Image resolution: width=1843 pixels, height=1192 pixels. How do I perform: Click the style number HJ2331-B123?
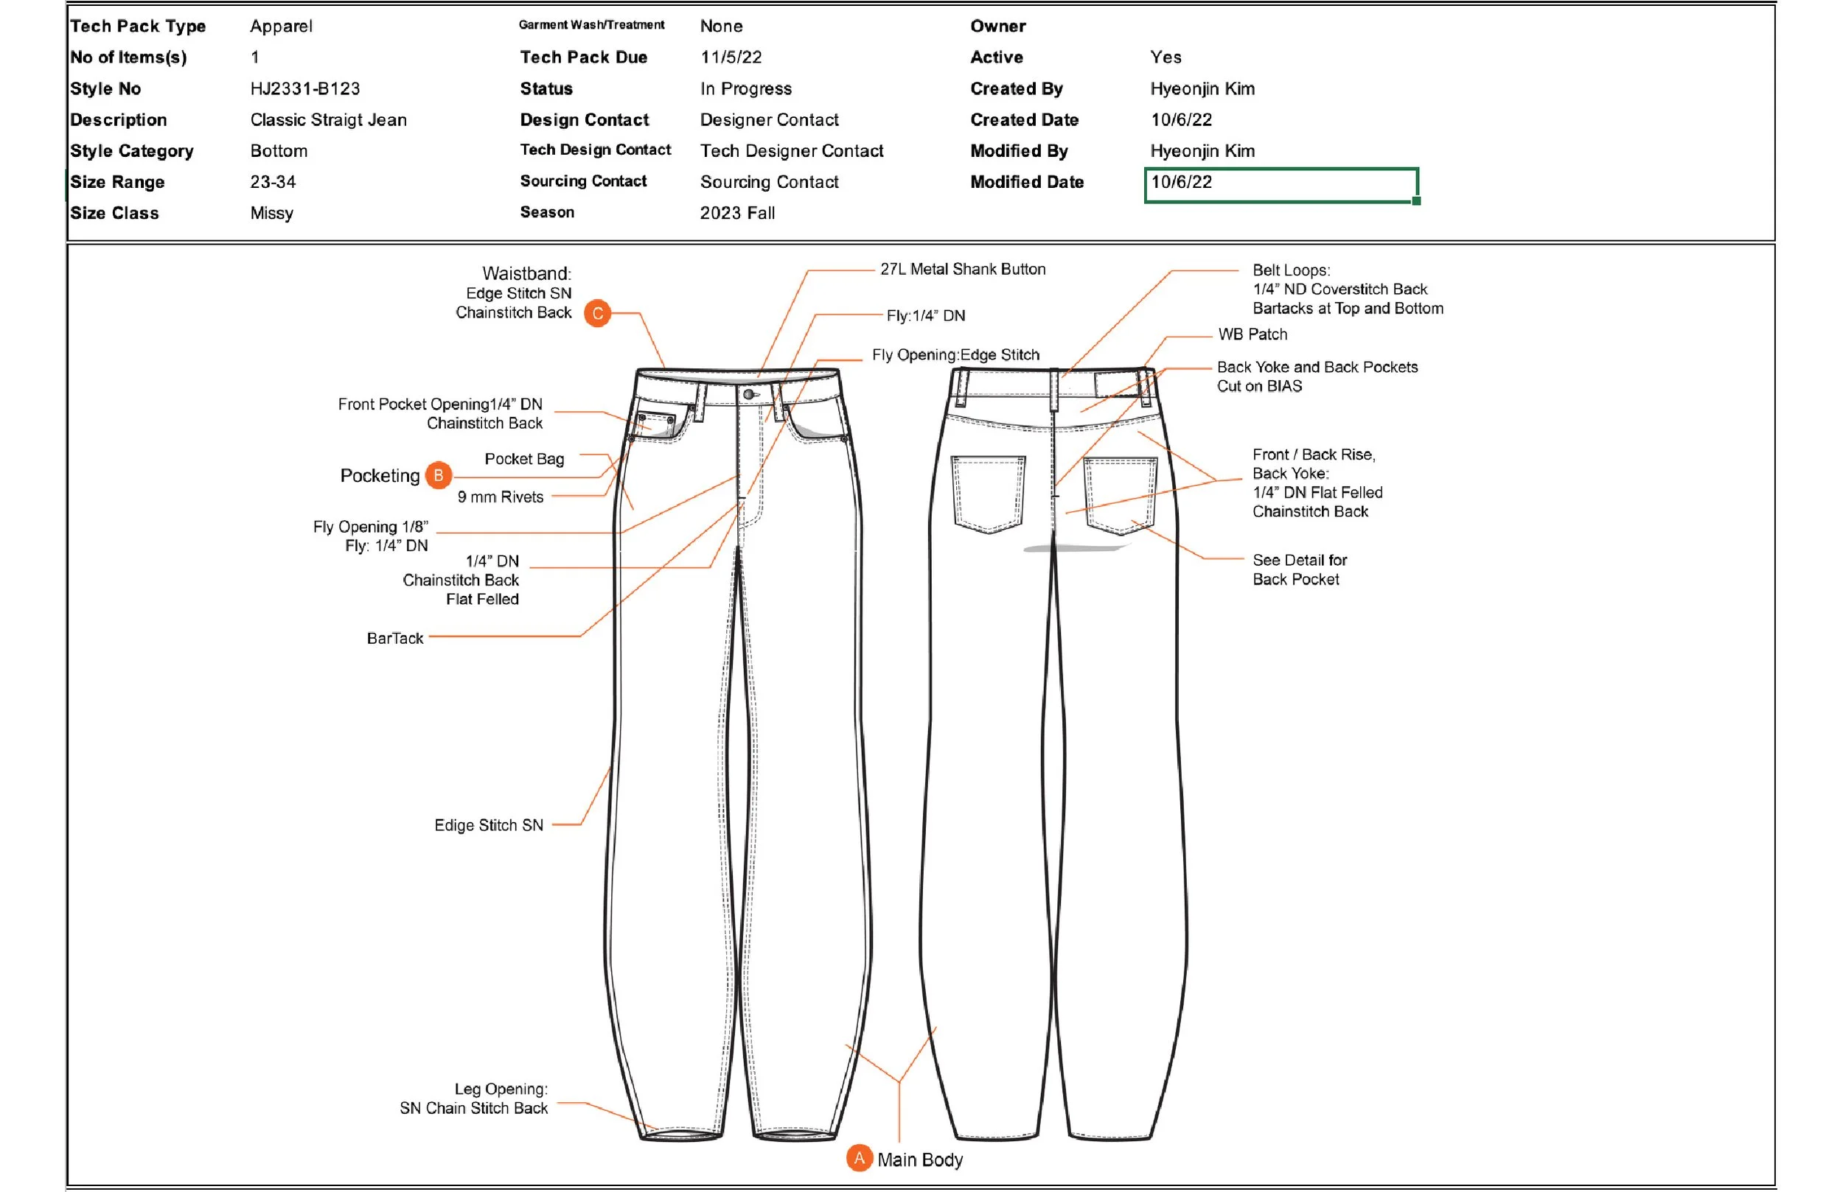click(305, 89)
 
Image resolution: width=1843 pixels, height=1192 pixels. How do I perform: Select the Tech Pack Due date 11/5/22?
click(731, 57)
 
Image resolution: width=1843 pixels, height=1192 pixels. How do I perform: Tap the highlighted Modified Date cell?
click(1280, 184)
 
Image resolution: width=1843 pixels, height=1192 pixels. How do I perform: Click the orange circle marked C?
click(597, 314)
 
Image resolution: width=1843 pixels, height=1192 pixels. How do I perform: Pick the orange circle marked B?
click(439, 475)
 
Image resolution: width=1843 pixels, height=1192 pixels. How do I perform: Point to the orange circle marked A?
click(859, 1158)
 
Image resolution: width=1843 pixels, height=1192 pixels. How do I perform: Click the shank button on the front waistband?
click(748, 395)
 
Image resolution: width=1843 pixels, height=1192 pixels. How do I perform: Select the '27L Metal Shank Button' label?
click(963, 270)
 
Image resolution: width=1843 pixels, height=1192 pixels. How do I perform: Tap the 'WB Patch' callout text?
click(1253, 334)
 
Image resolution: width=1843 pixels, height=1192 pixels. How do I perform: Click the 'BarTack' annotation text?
click(395, 639)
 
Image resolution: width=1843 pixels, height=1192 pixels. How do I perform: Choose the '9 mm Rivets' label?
click(501, 497)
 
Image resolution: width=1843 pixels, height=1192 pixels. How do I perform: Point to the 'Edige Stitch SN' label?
click(489, 825)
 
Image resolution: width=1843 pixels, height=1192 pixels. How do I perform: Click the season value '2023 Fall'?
click(737, 213)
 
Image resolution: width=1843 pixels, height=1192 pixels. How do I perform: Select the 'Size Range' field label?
click(118, 182)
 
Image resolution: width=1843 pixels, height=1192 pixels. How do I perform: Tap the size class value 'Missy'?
click(272, 213)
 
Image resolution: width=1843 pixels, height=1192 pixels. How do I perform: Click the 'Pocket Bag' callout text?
click(524, 459)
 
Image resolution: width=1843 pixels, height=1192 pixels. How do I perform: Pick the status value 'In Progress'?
click(746, 89)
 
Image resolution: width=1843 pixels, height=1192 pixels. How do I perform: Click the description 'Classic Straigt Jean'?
click(328, 120)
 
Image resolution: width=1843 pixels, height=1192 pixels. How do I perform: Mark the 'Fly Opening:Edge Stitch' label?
click(955, 354)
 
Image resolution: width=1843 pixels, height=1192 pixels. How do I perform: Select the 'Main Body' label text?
click(920, 1160)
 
